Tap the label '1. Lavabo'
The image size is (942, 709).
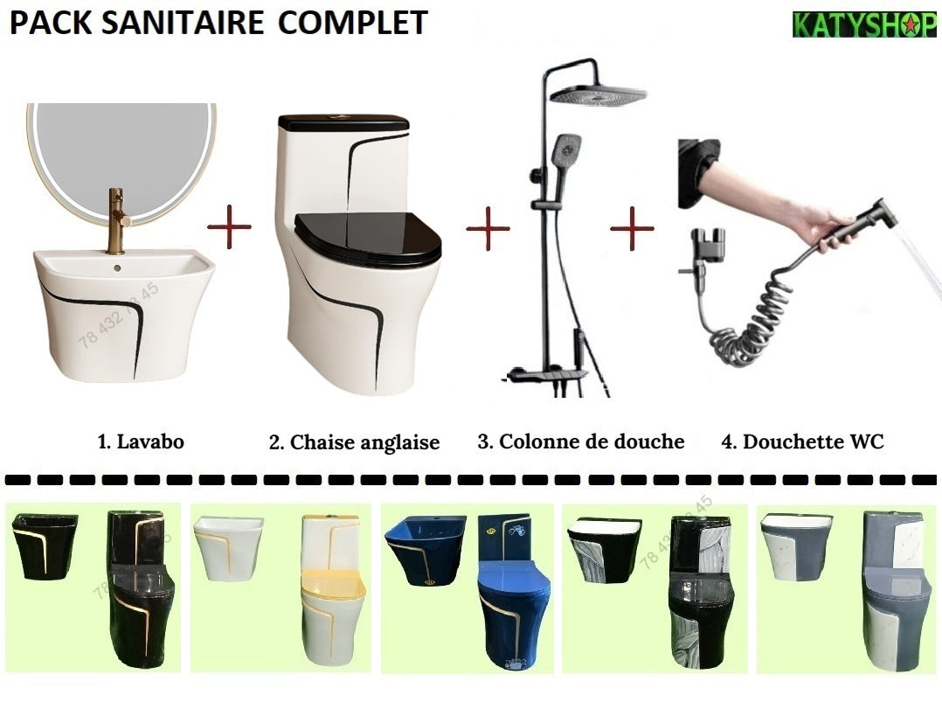140,441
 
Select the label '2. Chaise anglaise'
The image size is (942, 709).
354,442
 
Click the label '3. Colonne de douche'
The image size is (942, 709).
580,441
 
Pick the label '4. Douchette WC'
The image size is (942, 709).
802,441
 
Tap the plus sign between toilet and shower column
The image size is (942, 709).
488,229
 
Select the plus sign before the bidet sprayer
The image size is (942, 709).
631,228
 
